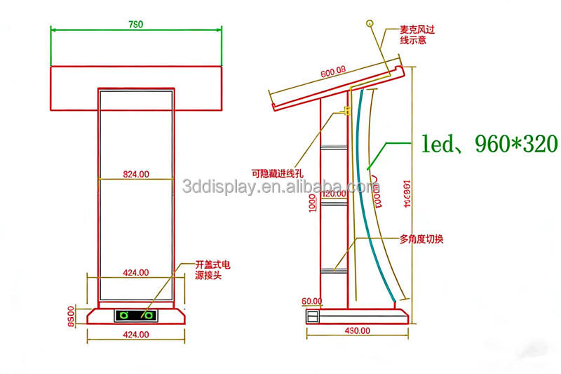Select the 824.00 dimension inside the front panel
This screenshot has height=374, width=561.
[136, 172]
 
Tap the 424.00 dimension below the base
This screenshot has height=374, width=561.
[136, 335]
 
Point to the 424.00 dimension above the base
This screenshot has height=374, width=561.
[136, 272]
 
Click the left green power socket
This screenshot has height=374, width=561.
[123, 315]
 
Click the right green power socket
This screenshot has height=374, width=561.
[149, 315]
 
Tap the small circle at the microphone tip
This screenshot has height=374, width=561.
[368, 23]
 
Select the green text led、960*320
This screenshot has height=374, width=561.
[489, 144]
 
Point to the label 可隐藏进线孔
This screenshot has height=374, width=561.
[278, 170]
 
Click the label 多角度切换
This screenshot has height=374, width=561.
[421, 239]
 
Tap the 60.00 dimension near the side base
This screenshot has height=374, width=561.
[313, 300]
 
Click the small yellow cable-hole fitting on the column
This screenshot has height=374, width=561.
[345, 110]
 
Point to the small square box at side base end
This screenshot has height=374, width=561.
[311, 316]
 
